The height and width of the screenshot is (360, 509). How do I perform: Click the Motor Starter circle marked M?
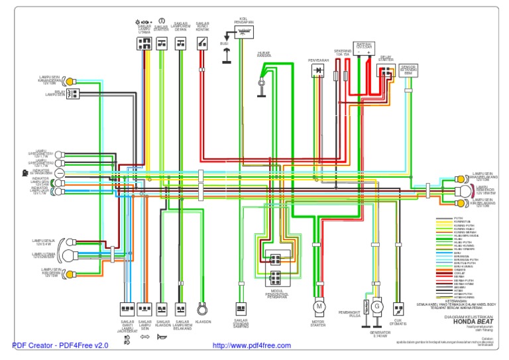coord(319,306)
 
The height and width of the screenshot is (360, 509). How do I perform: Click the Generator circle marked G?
coord(376,306)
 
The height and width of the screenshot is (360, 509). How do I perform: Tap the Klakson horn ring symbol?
coord(203,310)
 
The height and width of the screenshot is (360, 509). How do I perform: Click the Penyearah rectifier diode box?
coord(318,70)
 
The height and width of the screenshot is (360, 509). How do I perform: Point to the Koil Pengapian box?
coord(245,32)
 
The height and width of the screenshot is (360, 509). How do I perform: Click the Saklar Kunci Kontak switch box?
coord(201,44)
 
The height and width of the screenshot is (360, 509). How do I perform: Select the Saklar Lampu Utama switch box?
coord(144,44)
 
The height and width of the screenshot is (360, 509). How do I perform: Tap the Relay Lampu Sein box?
coord(72,93)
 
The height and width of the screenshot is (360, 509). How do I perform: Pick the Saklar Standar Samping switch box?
coord(241,308)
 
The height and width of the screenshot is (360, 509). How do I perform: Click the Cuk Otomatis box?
coord(398,309)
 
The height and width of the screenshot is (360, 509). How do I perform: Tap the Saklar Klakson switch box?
coord(162,309)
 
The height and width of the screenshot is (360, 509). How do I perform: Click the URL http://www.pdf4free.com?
coord(251,346)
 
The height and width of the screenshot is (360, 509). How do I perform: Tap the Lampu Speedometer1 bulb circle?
coord(60,154)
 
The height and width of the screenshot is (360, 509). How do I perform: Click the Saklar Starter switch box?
coord(162,44)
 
